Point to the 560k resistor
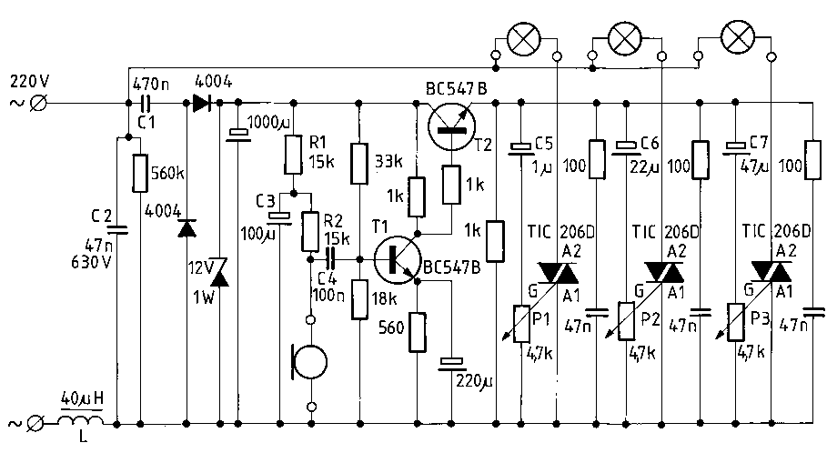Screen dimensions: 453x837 (141, 173)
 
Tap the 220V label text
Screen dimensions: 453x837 (29, 81)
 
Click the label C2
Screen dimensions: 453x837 (100, 216)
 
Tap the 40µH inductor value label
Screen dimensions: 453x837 (80, 398)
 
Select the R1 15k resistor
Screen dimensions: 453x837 (293, 154)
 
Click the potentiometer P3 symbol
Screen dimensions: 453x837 (734, 324)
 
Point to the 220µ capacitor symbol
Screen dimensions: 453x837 (449, 366)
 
